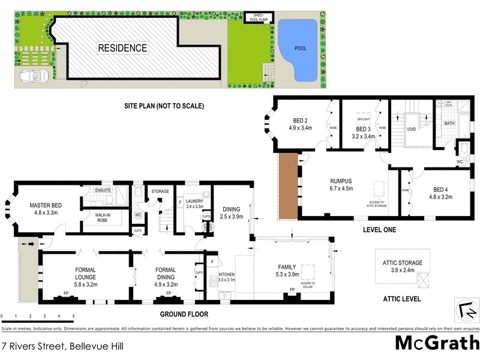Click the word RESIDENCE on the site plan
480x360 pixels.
[x=122, y=48]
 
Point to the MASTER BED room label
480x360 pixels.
[x=46, y=206]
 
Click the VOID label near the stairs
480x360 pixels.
[x=412, y=128]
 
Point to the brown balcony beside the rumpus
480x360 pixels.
[x=289, y=185]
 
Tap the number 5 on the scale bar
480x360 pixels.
[x=73, y=316]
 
